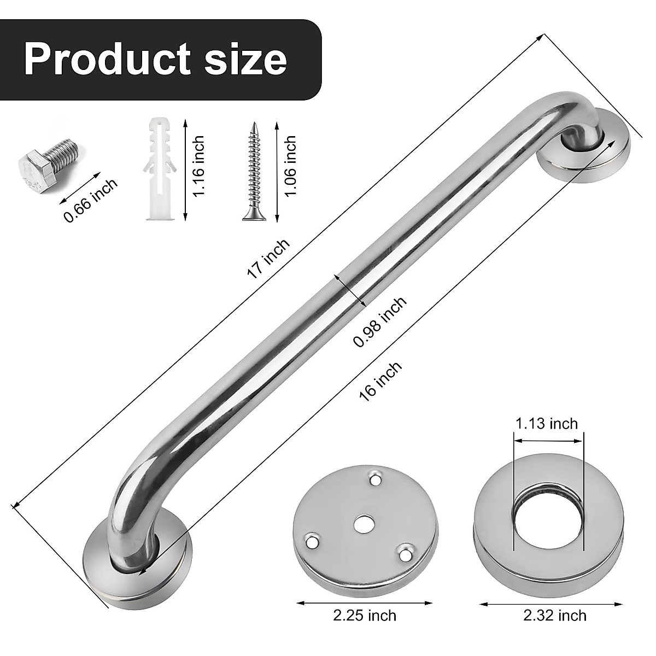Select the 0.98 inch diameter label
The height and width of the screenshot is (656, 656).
pyautogui.click(x=379, y=322)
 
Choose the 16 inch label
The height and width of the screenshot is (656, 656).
pyautogui.click(x=381, y=382)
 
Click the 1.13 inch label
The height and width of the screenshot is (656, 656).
pyautogui.click(x=546, y=423)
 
